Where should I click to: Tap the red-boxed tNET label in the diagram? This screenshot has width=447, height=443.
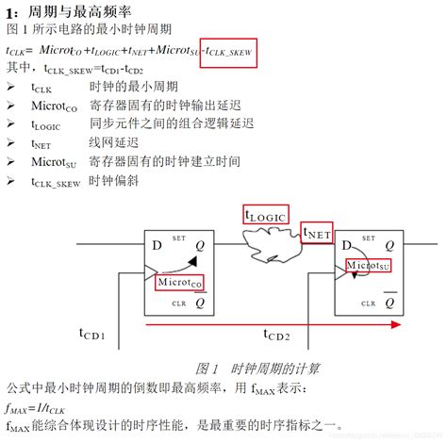click(x=316, y=232)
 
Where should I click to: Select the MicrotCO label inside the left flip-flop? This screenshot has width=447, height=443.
click(x=180, y=282)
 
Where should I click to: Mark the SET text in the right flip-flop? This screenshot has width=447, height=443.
click(x=368, y=238)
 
